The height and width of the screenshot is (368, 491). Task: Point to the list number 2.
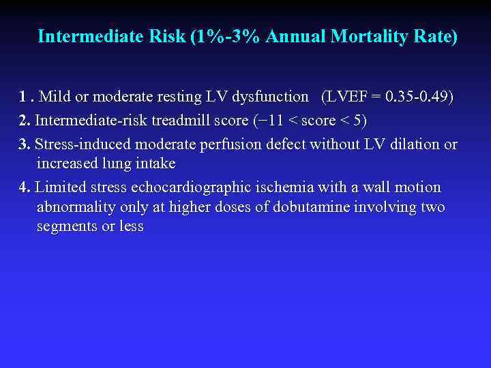(25, 121)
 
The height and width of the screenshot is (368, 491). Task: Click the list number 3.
(25, 144)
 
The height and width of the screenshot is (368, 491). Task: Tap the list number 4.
(25, 187)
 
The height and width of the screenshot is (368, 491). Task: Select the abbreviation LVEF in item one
(348, 97)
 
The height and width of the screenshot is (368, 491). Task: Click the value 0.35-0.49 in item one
(417, 97)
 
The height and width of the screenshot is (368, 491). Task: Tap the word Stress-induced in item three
(84, 144)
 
